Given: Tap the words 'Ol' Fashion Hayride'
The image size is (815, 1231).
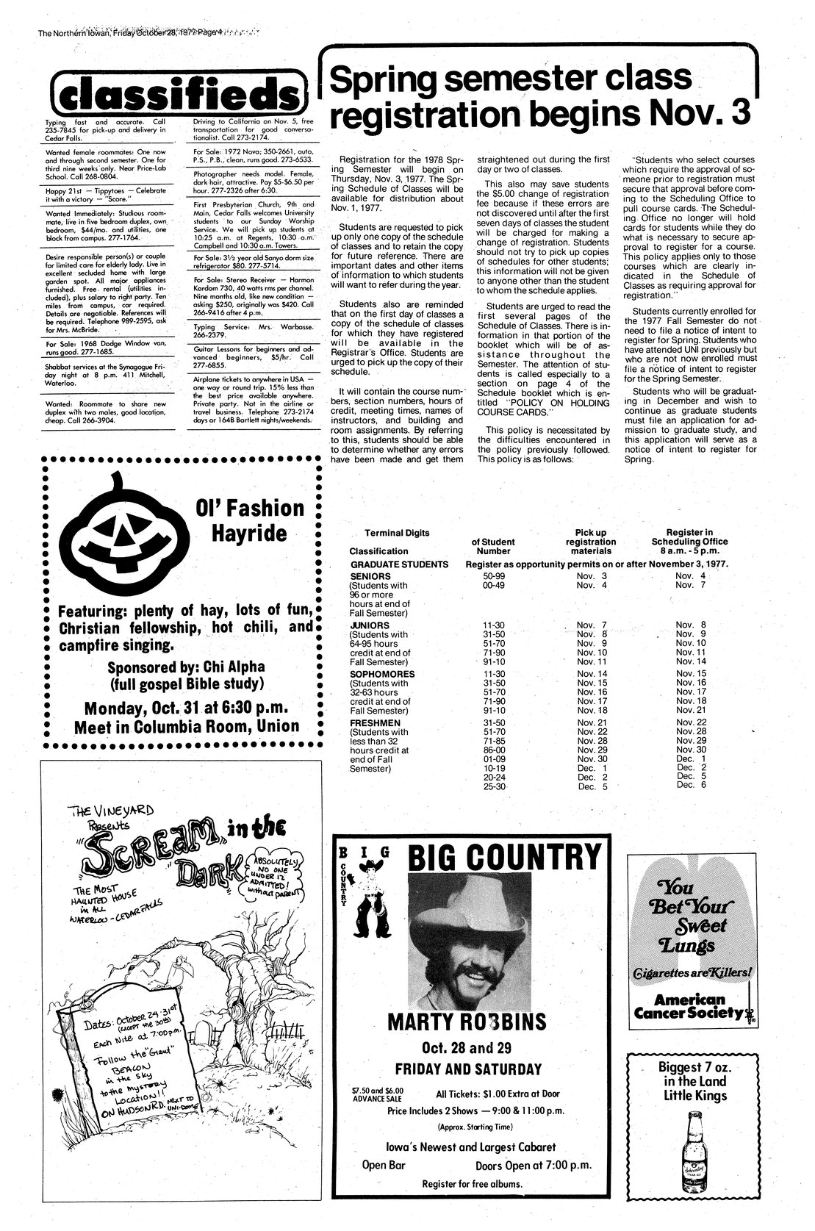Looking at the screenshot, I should tap(248, 520).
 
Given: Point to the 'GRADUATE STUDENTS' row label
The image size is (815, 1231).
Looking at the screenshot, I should tap(399, 564).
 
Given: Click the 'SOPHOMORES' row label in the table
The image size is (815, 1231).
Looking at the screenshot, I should tap(382, 674).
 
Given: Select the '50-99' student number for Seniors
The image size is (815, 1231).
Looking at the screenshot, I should tap(489, 575).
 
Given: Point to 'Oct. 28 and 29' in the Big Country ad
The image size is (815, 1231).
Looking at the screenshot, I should tap(468, 1047).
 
